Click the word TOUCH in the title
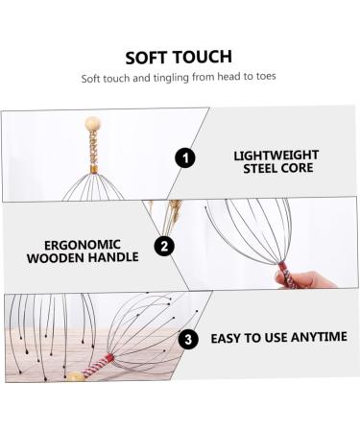pos(204,58)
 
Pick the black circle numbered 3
pos(189,338)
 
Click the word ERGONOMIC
pos(96,242)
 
